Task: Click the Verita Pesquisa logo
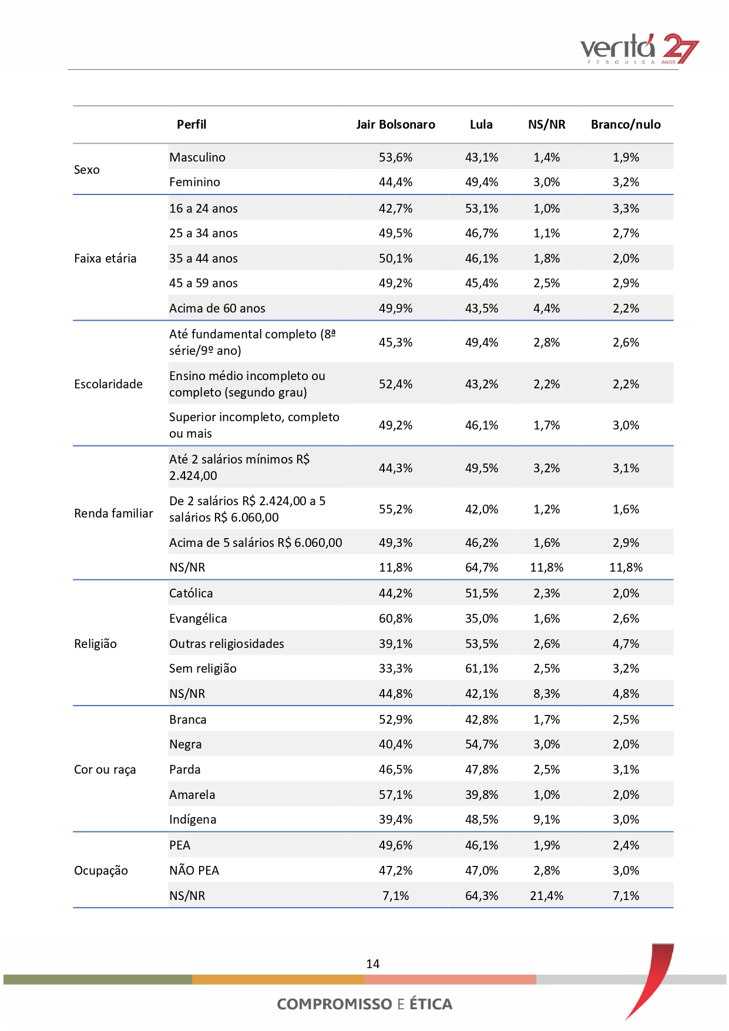pyautogui.click(x=640, y=49)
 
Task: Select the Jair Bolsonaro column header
pyautogui.click(x=395, y=125)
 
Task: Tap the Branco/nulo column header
pyautogui.click(x=626, y=125)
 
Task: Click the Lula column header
pyautogui.click(x=481, y=125)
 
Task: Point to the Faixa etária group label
pyautogui.click(x=105, y=258)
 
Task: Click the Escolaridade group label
pyautogui.click(x=108, y=384)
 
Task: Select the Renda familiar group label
pyautogui.click(x=113, y=513)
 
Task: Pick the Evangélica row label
pyautogui.click(x=198, y=619)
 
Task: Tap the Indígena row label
pyautogui.click(x=193, y=820)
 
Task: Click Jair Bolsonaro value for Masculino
pyautogui.click(x=395, y=157)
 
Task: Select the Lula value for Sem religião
pyautogui.click(x=482, y=669)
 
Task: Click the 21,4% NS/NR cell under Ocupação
pyautogui.click(x=546, y=896)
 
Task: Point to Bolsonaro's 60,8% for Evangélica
pyautogui.click(x=395, y=619)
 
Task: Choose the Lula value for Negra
pyautogui.click(x=482, y=744)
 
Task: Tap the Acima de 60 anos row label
pyautogui.click(x=217, y=308)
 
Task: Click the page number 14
pyautogui.click(x=372, y=964)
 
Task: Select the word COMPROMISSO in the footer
pyautogui.click(x=334, y=1004)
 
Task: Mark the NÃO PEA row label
pyautogui.click(x=194, y=871)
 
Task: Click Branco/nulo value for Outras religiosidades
pyautogui.click(x=626, y=644)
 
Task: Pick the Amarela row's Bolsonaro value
pyautogui.click(x=395, y=795)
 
